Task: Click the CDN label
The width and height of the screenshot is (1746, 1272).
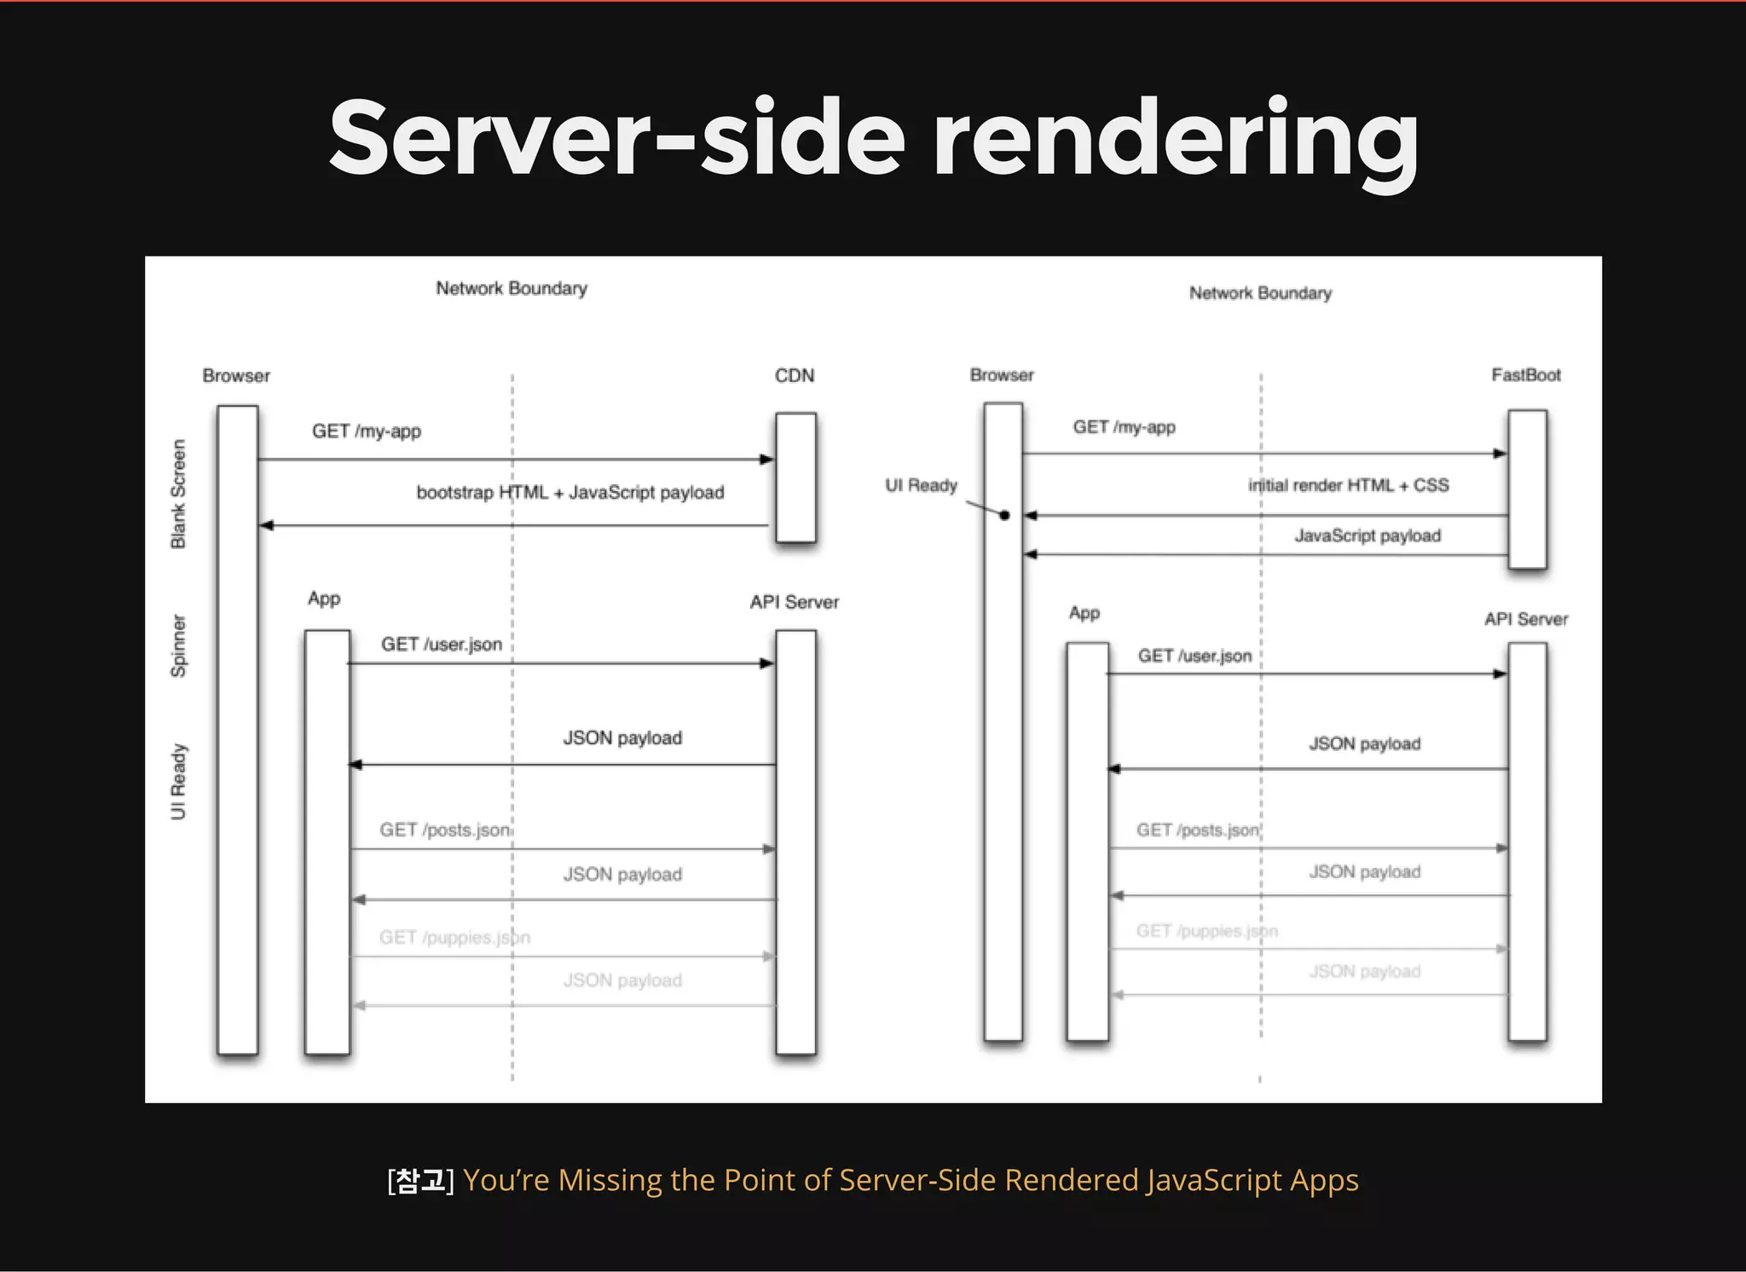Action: point(794,376)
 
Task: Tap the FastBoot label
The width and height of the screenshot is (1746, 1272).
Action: point(1525,375)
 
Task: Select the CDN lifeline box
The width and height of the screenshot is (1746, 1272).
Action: point(795,477)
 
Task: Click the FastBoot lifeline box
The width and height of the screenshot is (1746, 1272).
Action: point(1527,489)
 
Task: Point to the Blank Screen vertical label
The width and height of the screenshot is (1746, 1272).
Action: point(178,494)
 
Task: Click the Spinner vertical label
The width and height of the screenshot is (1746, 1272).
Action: point(178,645)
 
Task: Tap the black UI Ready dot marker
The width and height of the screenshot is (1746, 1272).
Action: point(1004,515)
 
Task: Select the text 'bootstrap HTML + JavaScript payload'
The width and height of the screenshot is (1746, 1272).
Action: point(569,493)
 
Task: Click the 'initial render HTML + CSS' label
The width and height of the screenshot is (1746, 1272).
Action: point(1348,485)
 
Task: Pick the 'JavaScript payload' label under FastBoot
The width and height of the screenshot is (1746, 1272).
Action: point(1367,535)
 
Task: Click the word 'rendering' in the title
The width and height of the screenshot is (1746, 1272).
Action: point(1176,139)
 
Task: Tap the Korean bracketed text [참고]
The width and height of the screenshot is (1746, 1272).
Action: point(420,1180)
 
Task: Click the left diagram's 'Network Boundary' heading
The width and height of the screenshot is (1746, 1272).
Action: point(512,288)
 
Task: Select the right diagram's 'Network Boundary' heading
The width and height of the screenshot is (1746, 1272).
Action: point(1260,293)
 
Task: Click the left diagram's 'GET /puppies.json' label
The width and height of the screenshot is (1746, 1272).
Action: point(454,938)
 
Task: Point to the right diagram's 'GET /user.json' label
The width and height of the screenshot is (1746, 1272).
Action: point(1194,656)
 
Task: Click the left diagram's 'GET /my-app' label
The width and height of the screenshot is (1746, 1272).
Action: point(367,431)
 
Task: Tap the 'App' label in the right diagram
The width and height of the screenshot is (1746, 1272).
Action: point(1084,613)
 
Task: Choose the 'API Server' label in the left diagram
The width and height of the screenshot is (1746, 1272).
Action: point(794,602)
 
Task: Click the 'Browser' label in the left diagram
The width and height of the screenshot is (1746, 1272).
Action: point(236,376)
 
